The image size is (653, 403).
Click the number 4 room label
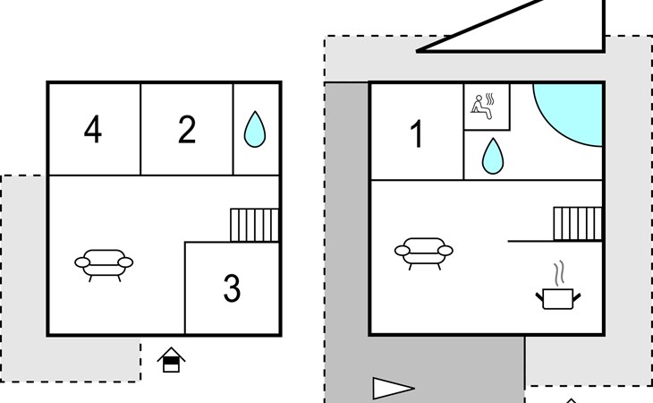pyautogui.click(x=93, y=131)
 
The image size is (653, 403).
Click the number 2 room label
pyautogui.click(x=187, y=131)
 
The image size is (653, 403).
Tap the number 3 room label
pyautogui.click(x=232, y=288)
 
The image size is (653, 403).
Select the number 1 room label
pyautogui.click(x=416, y=135)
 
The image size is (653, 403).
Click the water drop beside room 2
pyautogui.click(x=255, y=130)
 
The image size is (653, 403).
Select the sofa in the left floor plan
pyautogui.click(x=104, y=263)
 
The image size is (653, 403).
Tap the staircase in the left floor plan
pyautogui.click(x=255, y=225)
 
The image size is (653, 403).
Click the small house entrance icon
pyautogui.click(x=171, y=360)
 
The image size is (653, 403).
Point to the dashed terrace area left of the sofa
pyautogui.click(x=23, y=269)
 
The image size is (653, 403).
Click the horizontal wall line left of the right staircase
pyautogui.click(x=530, y=241)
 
